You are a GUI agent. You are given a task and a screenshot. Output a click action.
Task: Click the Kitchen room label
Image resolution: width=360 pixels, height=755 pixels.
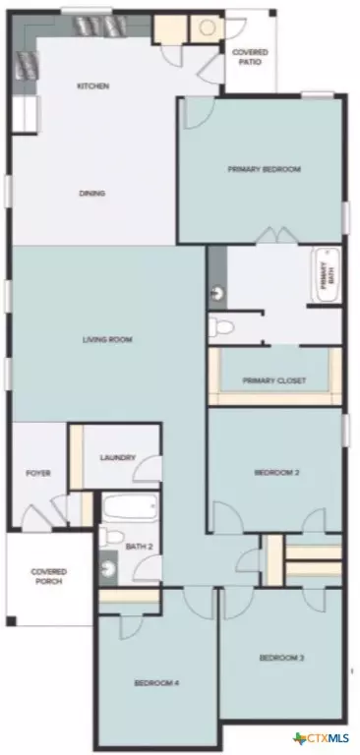pyautogui.click(x=93, y=87)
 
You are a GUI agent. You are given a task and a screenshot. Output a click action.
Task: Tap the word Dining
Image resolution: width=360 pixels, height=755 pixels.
pyautogui.click(x=91, y=194)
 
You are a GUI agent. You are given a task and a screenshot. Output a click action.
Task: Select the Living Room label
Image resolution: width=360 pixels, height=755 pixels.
pyautogui.click(x=107, y=339)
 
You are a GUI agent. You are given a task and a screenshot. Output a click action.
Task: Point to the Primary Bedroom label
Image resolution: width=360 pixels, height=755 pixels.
pyautogui.click(x=264, y=169)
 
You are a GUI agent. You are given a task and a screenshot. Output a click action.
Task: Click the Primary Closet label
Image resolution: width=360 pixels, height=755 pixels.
pyautogui.click(x=273, y=380)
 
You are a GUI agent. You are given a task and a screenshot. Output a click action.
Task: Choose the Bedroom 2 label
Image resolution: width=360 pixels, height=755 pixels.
pyautogui.click(x=276, y=472)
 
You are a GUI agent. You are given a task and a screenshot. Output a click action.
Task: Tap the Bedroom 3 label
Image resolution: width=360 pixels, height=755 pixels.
pyautogui.click(x=281, y=658)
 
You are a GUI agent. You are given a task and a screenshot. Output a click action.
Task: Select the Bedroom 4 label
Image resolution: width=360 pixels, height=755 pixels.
pyautogui.click(x=156, y=682)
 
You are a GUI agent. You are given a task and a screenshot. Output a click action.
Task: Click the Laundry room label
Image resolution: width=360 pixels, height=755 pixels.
pyautogui.click(x=118, y=457)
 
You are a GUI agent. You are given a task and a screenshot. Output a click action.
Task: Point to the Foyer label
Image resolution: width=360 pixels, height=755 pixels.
pyautogui.click(x=38, y=473)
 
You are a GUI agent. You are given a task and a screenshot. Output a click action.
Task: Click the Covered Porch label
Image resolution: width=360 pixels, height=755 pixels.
pyautogui.click(x=48, y=576)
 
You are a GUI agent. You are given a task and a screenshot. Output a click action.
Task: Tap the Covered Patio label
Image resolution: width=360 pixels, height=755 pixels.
pyautogui.click(x=250, y=57)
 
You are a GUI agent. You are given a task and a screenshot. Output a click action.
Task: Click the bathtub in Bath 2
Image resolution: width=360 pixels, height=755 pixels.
pyautogui.click(x=130, y=508)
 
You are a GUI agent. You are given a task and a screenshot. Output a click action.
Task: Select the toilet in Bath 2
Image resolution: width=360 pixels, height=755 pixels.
pyautogui.click(x=110, y=536)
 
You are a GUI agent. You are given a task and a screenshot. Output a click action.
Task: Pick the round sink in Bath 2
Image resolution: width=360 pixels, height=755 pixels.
pyautogui.click(x=107, y=568)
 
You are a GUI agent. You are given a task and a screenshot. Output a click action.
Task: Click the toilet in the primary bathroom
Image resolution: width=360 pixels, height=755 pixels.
pyautogui.click(x=221, y=328)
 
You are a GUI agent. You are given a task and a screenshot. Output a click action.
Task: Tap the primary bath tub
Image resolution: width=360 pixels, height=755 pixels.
pyautogui.click(x=327, y=275)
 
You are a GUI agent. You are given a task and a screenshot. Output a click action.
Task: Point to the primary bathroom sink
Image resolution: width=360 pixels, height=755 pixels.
pyautogui.click(x=217, y=292)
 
